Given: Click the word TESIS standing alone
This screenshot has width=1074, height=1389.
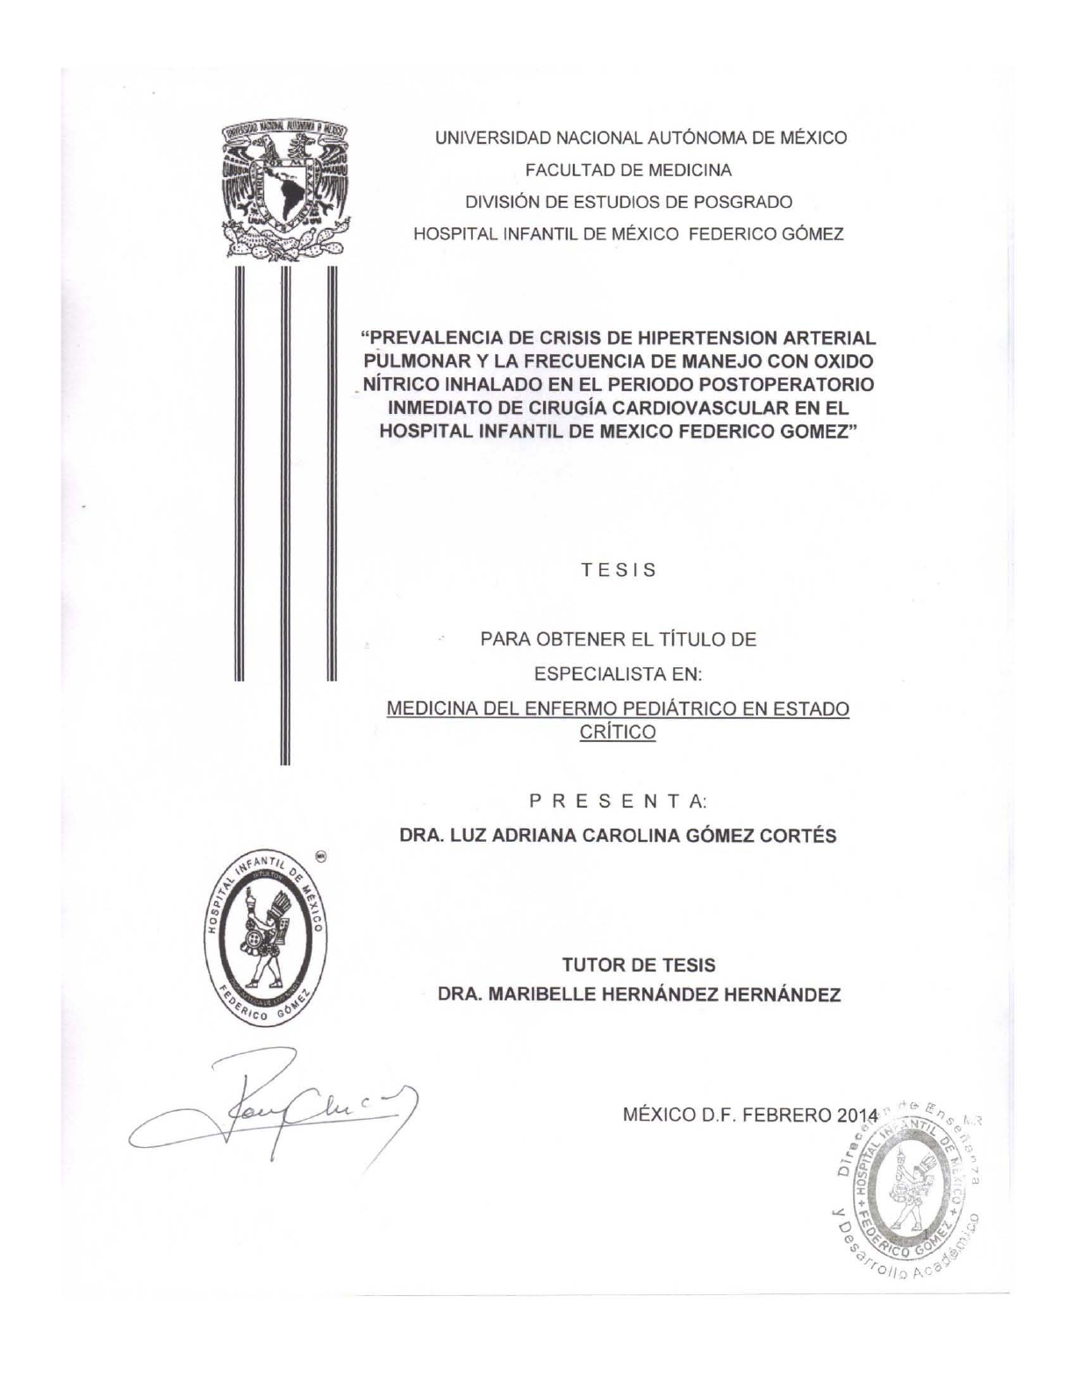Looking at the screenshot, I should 619,570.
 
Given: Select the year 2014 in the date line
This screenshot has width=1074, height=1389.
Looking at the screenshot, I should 856,1116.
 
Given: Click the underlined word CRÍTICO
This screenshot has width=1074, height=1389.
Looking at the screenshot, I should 618,732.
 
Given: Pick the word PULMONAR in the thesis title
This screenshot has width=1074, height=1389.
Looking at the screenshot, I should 412,361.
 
